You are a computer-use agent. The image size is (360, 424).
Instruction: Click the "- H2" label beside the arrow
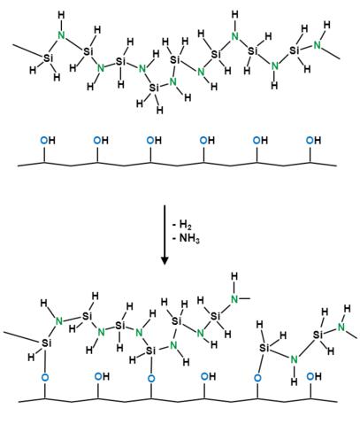tap(182, 225)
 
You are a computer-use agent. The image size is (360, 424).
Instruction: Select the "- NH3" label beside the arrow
tap(186, 238)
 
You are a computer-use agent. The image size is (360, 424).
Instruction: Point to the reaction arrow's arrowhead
tap(165, 259)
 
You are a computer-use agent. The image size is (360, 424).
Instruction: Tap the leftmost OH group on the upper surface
tap(48, 140)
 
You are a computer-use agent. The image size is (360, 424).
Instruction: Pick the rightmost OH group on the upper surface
tap(313, 140)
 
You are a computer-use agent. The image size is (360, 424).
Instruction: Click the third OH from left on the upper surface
tap(154, 140)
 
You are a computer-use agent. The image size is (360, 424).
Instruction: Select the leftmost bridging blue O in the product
tap(45, 377)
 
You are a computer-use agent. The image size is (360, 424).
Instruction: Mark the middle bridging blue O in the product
tap(151, 378)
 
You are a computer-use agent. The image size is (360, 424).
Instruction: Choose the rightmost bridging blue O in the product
tap(257, 377)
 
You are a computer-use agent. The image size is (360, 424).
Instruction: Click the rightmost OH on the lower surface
tap(314, 376)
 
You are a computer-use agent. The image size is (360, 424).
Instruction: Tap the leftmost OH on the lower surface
tap(102, 376)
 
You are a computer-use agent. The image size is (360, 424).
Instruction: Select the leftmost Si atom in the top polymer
tap(49, 58)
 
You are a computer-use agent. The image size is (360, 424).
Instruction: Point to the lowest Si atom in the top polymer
tap(154, 88)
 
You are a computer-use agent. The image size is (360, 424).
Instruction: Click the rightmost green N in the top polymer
tap(318, 45)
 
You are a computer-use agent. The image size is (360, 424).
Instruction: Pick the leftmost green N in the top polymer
tap(61, 35)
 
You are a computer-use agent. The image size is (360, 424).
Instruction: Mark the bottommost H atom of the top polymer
tap(160, 110)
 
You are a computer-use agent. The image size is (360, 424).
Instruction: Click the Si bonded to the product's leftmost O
tap(46, 343)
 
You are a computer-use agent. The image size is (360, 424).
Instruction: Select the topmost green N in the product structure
tap(234, 298)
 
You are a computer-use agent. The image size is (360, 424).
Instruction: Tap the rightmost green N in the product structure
tap(341, 327)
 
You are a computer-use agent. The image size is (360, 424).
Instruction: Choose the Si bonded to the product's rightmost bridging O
tap(264, 348)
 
